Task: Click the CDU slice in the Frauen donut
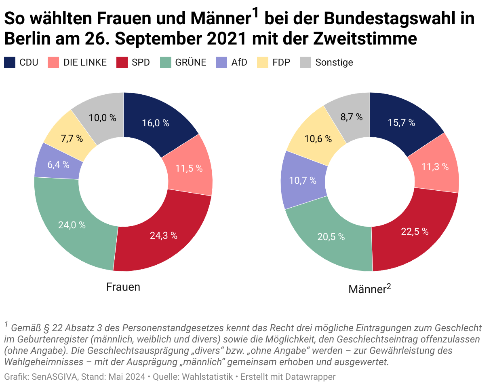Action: point(156,123)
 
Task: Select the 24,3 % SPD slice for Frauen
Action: point(164,236)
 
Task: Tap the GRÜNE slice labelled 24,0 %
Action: point(72,225)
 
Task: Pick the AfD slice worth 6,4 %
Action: point(58,165)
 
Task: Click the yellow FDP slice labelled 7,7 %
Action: point(72,138)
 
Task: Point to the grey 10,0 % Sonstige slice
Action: point(102,118)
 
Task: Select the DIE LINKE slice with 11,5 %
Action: point(189,168)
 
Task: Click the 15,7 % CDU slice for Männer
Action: point(401,123)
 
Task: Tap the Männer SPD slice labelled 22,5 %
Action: point(415,232)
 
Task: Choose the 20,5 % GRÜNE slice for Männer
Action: point(331,237)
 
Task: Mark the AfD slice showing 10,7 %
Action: point(303,181)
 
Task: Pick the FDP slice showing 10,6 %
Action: point(318,139)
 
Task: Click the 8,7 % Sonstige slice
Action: point(352,117)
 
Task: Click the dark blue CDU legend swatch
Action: point(10,62)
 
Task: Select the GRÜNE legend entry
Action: point(191,62)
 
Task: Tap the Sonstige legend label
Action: point(334,62)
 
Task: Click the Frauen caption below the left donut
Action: point(123,287)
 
